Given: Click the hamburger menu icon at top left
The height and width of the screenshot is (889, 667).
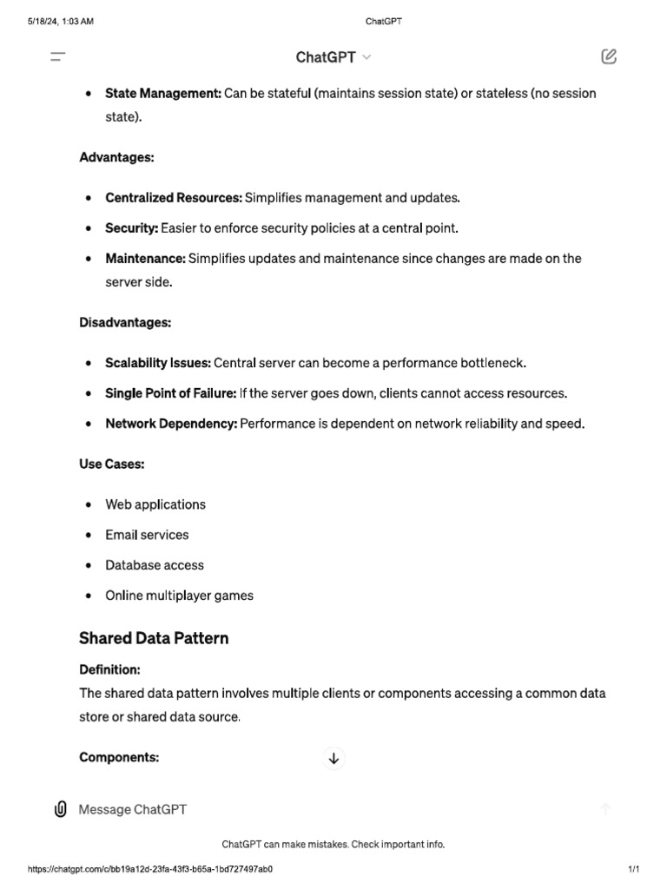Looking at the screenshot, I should click(58, 57).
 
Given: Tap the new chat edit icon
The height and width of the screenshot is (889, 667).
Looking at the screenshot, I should click(609, 57).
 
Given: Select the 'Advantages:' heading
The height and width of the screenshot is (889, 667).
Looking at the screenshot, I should click(116, 157).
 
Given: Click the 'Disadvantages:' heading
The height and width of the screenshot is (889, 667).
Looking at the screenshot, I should click(125, 322).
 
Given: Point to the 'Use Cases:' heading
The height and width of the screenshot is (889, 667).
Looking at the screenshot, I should click(112, 464).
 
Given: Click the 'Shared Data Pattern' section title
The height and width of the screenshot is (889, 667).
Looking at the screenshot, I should click(154, 638).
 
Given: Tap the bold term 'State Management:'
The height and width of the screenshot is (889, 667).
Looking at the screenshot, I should click(163, 93).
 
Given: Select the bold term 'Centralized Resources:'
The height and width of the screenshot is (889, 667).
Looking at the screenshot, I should click(174, 198).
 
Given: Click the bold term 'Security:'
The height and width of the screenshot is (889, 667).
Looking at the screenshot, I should click(131, 228).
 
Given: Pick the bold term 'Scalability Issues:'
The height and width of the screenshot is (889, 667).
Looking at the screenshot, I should click(158, 363).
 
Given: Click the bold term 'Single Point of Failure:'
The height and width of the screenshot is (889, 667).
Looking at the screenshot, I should click(170, 393).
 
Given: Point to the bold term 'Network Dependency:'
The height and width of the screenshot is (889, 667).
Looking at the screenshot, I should click(171, 424).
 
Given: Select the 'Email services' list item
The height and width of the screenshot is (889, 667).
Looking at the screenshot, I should click(147, 535).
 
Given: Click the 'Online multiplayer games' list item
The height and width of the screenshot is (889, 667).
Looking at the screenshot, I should click(179, 596).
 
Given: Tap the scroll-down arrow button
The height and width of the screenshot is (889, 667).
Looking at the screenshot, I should click(333, 759).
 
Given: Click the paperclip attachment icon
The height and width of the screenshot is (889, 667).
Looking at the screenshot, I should click(60, 809).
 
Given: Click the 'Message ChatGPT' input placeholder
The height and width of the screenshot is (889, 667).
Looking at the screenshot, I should click(133, 809).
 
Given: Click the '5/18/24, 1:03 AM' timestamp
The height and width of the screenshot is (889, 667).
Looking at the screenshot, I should click(61, 22).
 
